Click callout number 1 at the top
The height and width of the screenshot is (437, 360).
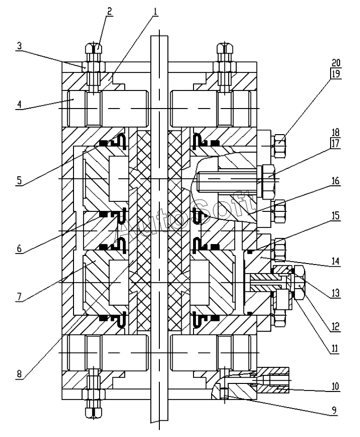pyautogui.click(x=155, y=11)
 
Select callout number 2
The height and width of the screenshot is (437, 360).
pyautogui.click(x=109, y=11)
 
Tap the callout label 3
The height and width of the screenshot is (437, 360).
pyautogui.click(x=19, y=46)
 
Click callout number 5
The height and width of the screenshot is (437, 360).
pyautogui.click(x=18, y=180)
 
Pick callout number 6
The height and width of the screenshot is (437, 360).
pyautogui.click(x=19, y=248)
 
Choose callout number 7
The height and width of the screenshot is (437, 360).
pyautogui.click(x=19, y=297)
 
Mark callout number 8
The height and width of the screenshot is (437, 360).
pyautogui.click(x=19, y=373)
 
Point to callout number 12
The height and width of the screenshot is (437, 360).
pyautogui.click(x=335, y=326)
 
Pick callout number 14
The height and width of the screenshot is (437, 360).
pyautogui.click(x=335, y=261)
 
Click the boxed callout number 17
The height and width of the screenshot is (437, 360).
pyautogui.click(x=336, y=144)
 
